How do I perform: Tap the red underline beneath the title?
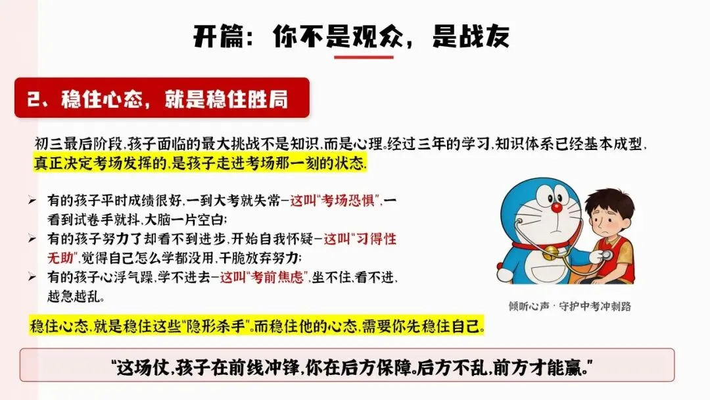tap(363, 57)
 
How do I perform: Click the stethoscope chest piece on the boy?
tap(607, 255)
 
